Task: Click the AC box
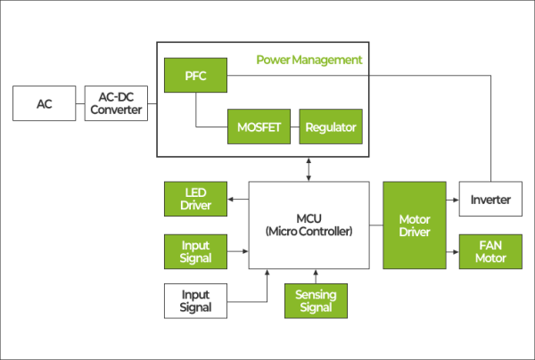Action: pyautogui.click(x=44, y=104)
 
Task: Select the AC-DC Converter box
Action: pyautogui.click(x=117, y=104)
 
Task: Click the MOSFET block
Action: pyautogui.click(x=259, y=127)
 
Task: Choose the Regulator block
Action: pyautogui.click(x=330, y=127)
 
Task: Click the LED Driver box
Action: pyautogui.click(x=194, y=199)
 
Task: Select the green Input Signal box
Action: pyautogui.click(x=194, y=251)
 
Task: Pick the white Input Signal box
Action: pyautogui.click(x=194, y=300)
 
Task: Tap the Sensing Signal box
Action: pyautogui.click(x=316, y=300)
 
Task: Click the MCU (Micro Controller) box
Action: pyautogui.click(x=309, y=225)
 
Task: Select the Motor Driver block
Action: pyautogui.click(x=414, y=225)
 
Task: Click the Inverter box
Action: pyautogui.click(x=490, y=200)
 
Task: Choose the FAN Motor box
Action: pyautogui.click(x=490, y=251)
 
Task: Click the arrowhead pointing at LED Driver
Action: pyautogui.click(x=229, y=199)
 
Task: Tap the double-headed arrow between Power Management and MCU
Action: pyautogui.click(x=309, y=168)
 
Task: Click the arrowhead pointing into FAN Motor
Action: pyautogui.click(x=455, y=251)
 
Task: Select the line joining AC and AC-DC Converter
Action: pyautogui.click(x=79, y=104)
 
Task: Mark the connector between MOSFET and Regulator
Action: pyautogui.click(x=292, y=127)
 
